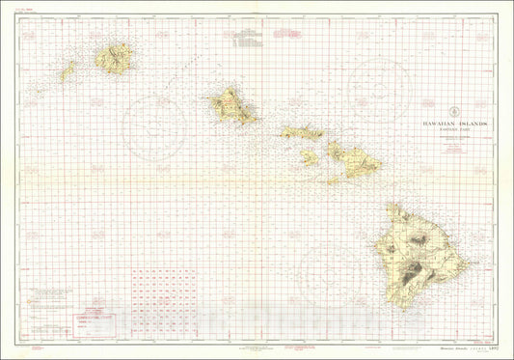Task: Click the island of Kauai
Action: (x=113, y=59)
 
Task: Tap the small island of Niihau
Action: (x=68, y=71)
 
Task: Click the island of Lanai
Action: (x=309, y=156)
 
